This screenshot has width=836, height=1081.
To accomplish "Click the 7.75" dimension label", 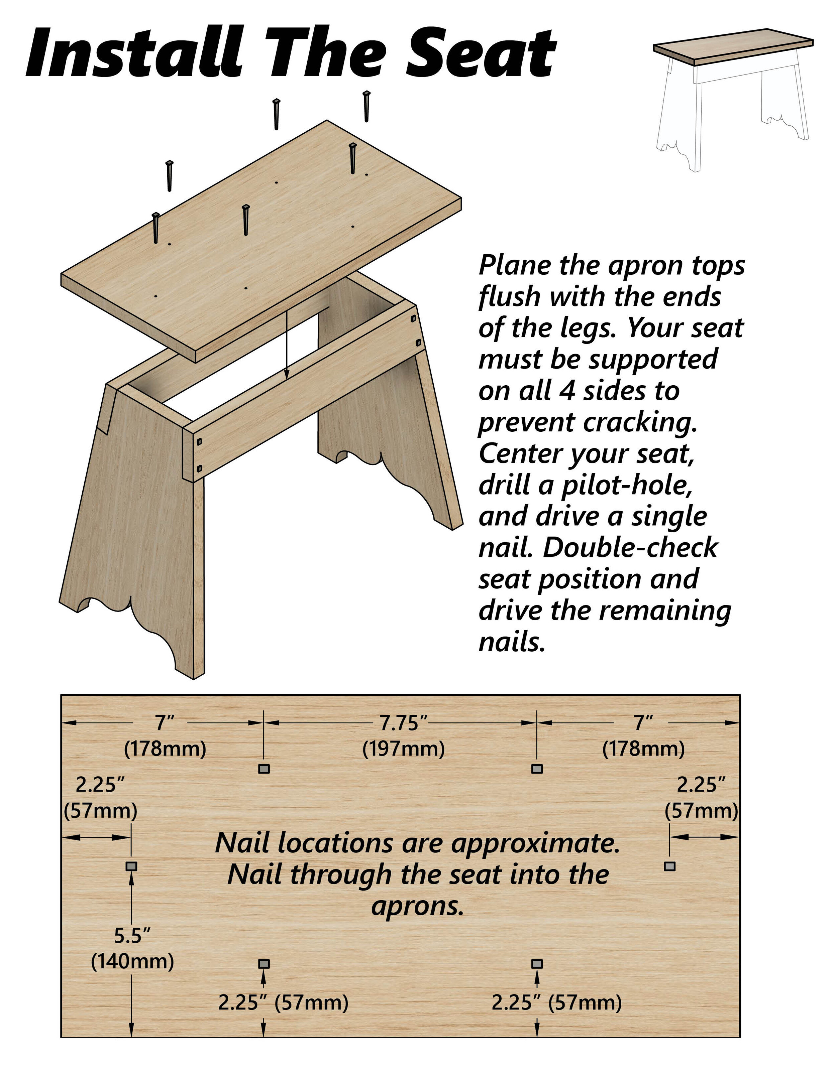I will pos(403,723).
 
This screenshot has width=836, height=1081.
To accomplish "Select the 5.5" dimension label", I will pos(132,936).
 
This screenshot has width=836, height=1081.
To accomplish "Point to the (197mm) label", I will pos(403,749).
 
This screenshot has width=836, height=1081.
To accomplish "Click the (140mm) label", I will pos(132,961).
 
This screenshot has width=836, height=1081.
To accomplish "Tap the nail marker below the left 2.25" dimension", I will pos(131,866).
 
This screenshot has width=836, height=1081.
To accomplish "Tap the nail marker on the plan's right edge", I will pos(669,866).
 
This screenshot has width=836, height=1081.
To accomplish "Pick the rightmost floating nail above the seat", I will pos(367,106).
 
